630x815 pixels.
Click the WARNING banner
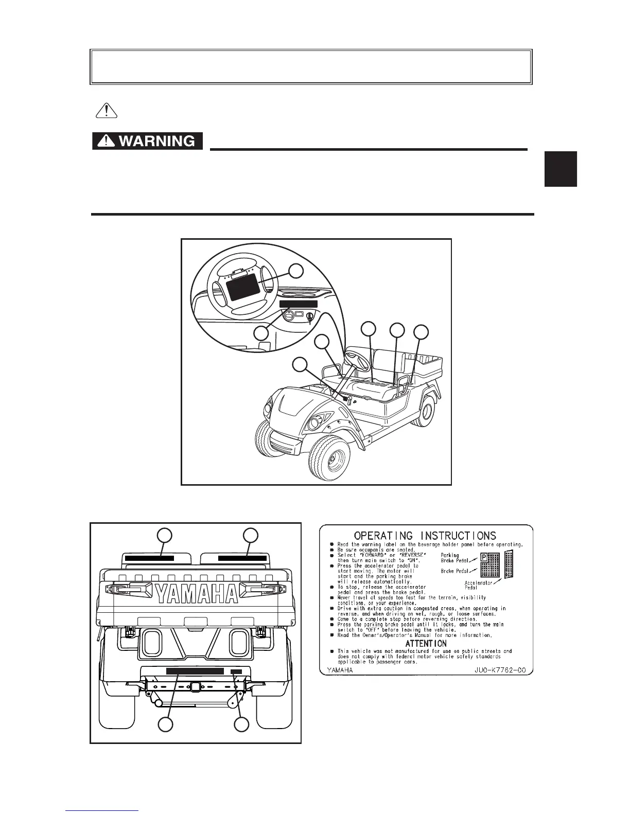(x=147, y=141)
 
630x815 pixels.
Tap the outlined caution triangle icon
(x=105, y=111)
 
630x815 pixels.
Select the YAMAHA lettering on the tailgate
(x=197, y=594)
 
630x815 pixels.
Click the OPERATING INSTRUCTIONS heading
(x=425, y=536)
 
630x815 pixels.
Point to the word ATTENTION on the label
(x=426, y=644)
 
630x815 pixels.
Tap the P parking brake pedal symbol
(x=484, y=557)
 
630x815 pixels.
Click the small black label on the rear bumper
(x=236, y=671)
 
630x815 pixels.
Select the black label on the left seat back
(x=150, y=557)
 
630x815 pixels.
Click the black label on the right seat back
(x=242, y=557)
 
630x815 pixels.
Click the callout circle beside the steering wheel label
(x=295, y=271)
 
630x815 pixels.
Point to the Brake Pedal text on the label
(x=454, y=571)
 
